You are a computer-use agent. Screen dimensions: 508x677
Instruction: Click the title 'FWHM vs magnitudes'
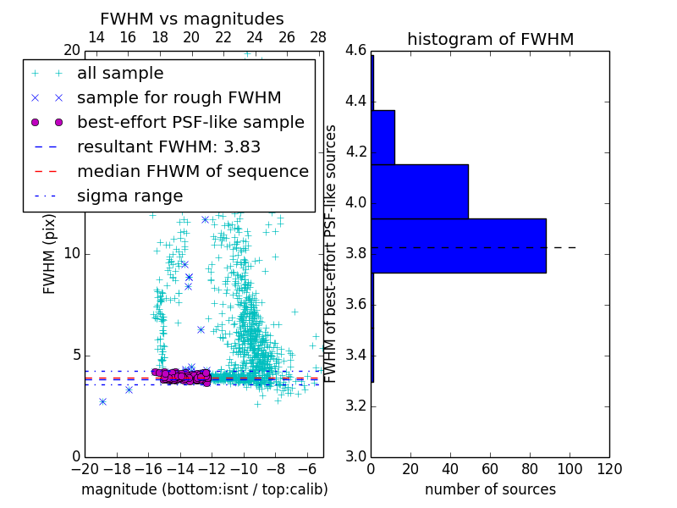pos(191,19)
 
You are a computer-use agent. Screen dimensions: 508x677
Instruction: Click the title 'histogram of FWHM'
pos(490,39)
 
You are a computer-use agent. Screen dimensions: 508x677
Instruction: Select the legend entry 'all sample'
pos(120,74)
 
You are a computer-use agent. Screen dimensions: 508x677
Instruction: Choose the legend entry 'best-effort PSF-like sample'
pos(190,122)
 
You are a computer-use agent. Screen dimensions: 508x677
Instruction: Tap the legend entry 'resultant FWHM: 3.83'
pos(168,146)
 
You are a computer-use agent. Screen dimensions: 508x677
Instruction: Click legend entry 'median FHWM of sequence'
pos(192,171)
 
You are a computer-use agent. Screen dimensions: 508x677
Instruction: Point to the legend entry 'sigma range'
pos(129,196)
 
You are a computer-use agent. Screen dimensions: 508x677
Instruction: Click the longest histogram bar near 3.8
pos(458,246)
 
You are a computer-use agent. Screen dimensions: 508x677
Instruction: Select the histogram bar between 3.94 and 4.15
pos(420,191)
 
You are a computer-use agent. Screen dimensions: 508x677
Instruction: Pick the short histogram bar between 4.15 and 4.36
pos(383,137)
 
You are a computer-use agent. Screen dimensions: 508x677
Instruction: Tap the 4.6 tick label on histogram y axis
pos(355,51)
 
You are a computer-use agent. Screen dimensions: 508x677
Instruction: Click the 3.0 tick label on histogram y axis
pos(355,456)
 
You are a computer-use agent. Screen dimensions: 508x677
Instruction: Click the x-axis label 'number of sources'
pos(490,489)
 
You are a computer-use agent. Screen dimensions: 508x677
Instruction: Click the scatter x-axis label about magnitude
pos(204,489)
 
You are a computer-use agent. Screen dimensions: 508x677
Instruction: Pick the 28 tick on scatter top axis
pos(318,37)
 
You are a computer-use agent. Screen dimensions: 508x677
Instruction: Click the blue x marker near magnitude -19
pos(102,401)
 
